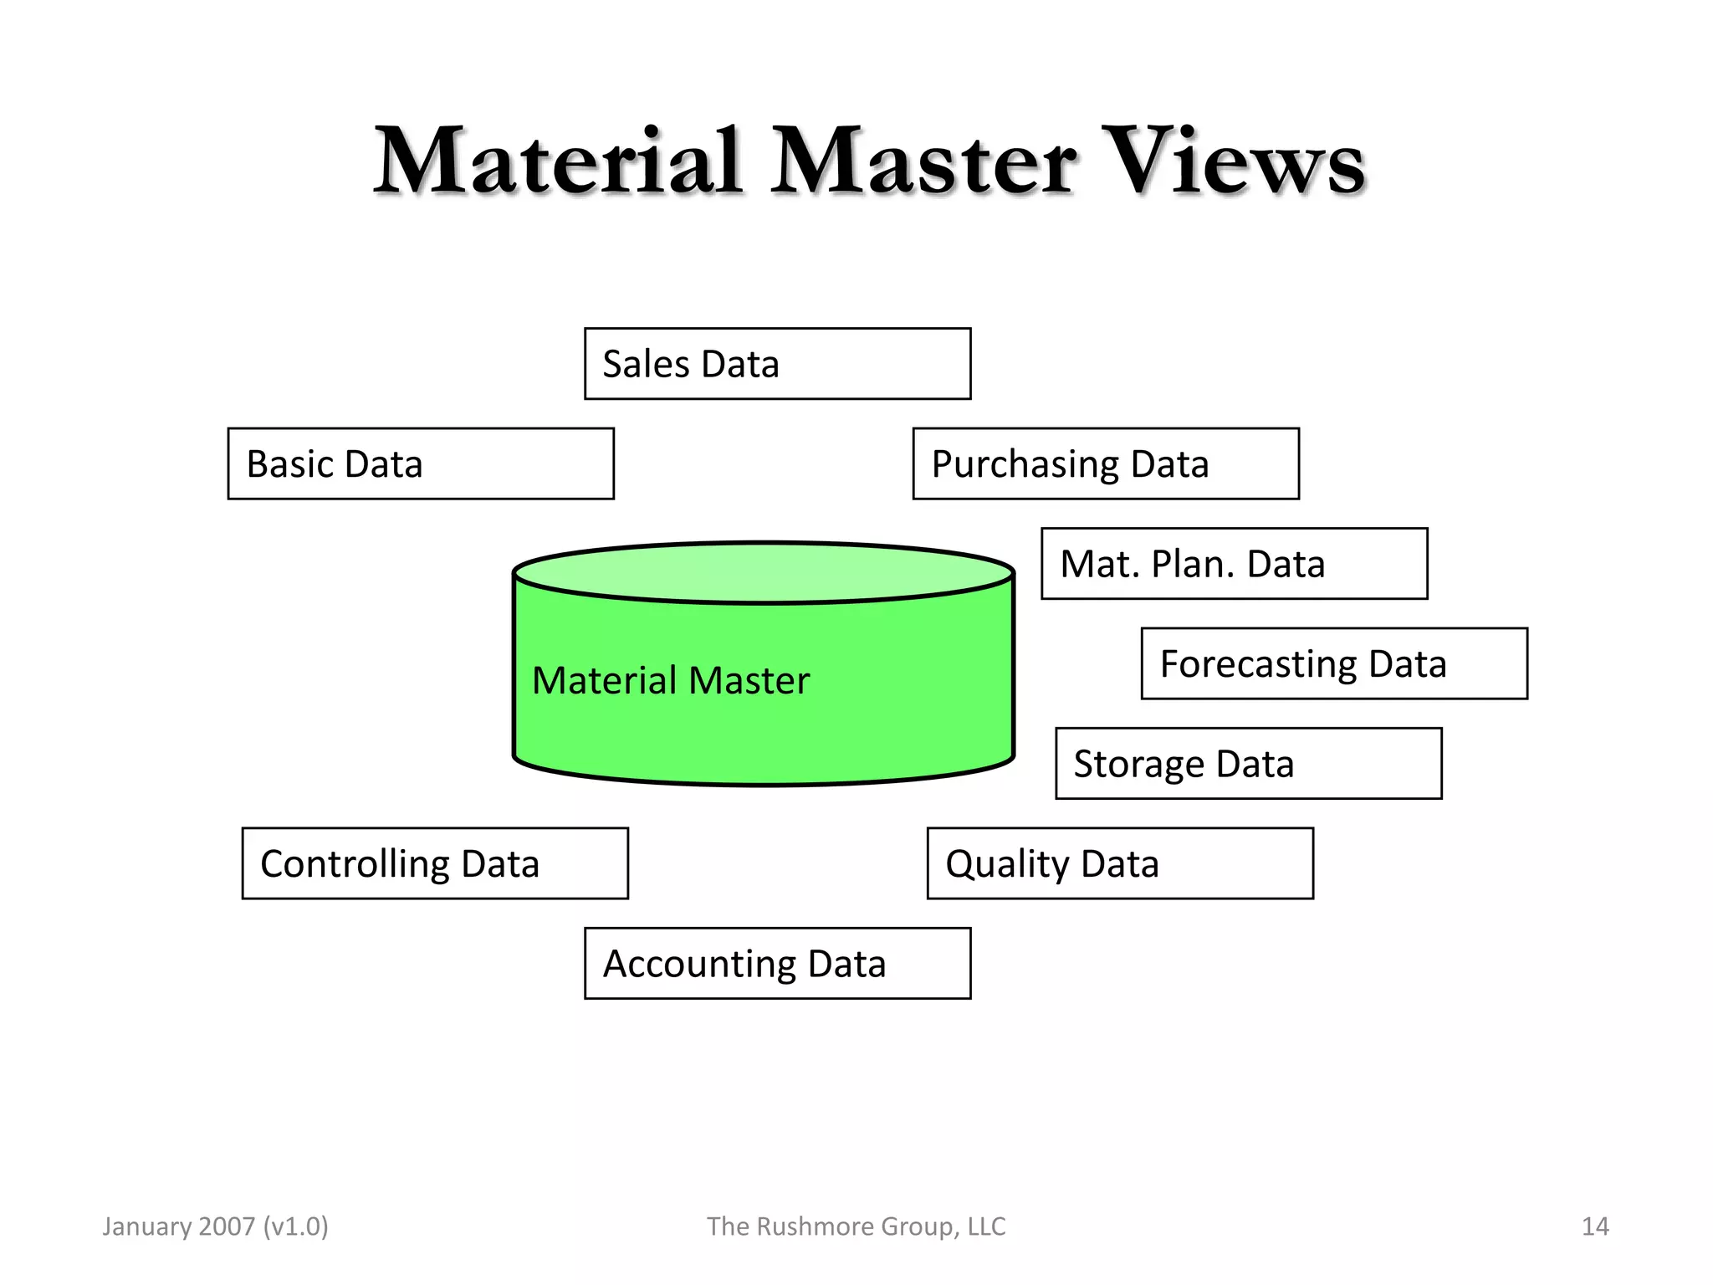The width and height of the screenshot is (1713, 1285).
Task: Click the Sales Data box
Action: pos(777,364)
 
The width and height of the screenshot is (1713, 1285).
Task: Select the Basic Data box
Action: pos(421,463)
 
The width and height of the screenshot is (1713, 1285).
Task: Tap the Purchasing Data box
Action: pos(1106,463)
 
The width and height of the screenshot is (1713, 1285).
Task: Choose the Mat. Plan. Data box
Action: pos(1234,563)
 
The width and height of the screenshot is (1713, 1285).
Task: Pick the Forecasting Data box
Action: pos(1334,663)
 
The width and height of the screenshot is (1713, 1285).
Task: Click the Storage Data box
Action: pos(1248,763)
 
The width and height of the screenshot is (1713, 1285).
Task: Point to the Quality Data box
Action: pos(1120,863)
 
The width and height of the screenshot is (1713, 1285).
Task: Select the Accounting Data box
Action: pos(777,963)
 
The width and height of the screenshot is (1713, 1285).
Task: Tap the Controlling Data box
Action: pos(435,863)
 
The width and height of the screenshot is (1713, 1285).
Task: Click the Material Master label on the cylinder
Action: pos(671,680)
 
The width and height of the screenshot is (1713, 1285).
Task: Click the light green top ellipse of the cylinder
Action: pos(763,572)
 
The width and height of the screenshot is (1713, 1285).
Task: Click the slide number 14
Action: pos(1594,1226)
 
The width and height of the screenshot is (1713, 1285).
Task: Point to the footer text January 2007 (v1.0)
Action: pos(215,1226)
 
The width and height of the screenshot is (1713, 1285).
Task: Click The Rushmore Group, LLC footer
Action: pos(856,1226)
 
